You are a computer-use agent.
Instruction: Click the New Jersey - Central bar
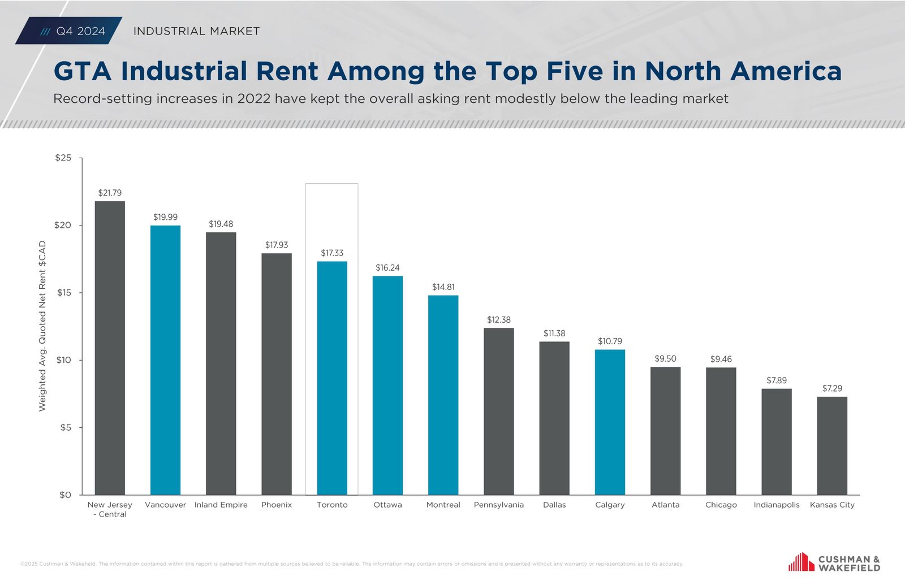[x=110, y=348]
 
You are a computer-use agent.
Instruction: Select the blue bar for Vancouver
[x=165, y=360]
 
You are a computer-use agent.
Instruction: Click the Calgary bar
[x=610, y=422]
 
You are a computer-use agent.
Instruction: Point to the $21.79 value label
[x=110, y=193]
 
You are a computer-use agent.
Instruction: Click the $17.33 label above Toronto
[x=332, y=253]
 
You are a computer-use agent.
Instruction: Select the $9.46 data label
[x=721, y=359]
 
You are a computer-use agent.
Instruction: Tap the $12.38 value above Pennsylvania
[x=499, y=320]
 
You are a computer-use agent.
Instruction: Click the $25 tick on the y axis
[x=63, y=158]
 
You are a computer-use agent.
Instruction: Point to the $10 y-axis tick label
[x=64, y=360]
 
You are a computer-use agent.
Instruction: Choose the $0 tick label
[x=66, y=495]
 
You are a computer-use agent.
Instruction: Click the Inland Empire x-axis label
[x=221, y=505]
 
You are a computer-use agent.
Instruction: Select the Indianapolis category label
[x=777, y=505]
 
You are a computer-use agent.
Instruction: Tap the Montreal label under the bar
[x=443, y=505]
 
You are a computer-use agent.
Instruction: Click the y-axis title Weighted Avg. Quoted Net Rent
[x=42, y=326]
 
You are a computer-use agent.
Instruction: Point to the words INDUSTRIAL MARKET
[x=196, y=31]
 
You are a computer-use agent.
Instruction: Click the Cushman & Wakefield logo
[x=834, y=563]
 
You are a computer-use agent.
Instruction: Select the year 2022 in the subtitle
[x=254, y=99]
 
